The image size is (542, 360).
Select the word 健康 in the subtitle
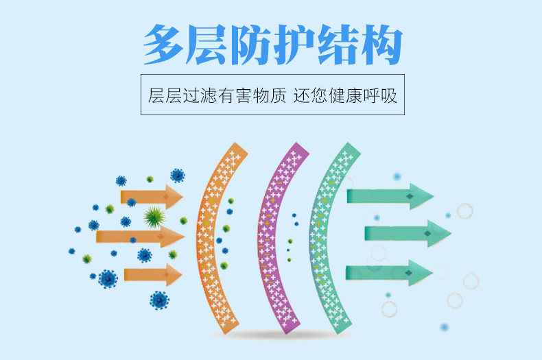coord(344,95)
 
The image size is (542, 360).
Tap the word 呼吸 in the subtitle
coord(381,95)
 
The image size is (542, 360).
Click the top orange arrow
coord(152,197)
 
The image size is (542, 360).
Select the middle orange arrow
coord(141,237)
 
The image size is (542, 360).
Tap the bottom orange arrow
coord(153,275)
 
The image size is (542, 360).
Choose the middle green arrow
coord(408,234)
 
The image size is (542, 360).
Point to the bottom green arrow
coord(389,272)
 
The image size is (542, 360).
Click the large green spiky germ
coord(155,217)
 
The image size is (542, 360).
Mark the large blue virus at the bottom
coord(159,300)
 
